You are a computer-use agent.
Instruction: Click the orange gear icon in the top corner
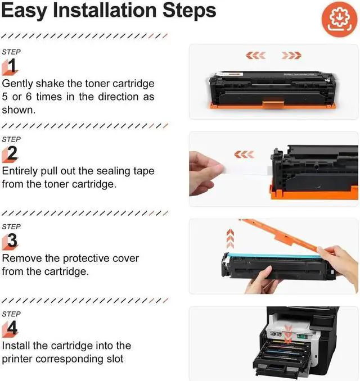click(339, 19)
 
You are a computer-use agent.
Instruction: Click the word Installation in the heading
click(105, 10)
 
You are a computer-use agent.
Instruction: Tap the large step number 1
click(12, 66)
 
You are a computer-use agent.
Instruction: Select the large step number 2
click(12, 153)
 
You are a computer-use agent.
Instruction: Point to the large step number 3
click(12, 241)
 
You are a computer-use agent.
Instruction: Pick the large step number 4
click(12, 328)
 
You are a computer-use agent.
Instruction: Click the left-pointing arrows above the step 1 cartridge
click(255, 56)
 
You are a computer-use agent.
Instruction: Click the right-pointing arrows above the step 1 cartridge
click(291, 56)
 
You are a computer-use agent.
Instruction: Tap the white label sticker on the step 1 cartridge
click(229, 74)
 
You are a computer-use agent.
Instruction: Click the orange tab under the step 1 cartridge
click(273, 105)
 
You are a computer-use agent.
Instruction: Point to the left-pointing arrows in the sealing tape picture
click(244, 155)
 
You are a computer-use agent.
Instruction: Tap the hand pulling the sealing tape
click(205, 173)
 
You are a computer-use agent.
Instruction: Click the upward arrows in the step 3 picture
click(230, 239)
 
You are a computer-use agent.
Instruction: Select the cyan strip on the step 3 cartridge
click(272, 256)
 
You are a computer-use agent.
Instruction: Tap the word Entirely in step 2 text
click(20, 171)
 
